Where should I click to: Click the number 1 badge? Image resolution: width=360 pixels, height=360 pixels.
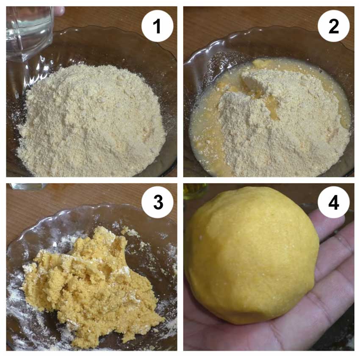157,26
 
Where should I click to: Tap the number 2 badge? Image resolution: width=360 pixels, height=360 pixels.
334,26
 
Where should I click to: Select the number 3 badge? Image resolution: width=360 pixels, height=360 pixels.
157,202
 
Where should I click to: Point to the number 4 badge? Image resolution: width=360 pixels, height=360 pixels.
334,202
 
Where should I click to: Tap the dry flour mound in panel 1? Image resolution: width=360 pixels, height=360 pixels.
92,119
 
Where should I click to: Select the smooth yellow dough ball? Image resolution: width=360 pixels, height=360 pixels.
252,255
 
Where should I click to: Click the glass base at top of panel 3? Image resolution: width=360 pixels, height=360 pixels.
28,186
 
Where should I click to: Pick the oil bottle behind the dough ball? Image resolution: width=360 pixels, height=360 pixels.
195,191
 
